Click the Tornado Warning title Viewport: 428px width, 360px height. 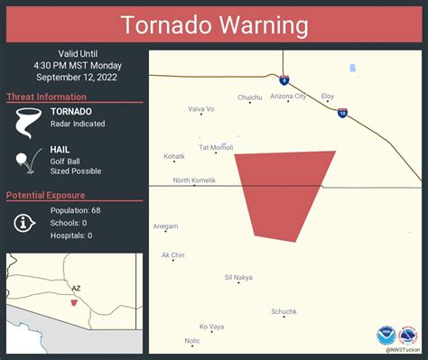tap(214, 25)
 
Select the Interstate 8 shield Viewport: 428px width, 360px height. tap(284, 79)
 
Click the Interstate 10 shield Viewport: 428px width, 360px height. tap(342, 113)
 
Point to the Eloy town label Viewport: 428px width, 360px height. tap(328, 95)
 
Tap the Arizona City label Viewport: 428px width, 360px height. tap(288, 96)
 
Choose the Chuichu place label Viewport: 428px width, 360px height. tap(250, 97)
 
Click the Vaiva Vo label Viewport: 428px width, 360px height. tap(201, 109)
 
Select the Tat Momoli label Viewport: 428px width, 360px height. tap(216, 147)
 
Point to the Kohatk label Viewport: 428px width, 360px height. tap(174, 156)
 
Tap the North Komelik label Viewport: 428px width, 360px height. tap(194, 180)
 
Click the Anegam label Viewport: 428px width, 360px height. tap(165, 226)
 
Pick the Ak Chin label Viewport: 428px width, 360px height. tap(172, 255)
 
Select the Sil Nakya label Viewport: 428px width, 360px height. tap(238, 277)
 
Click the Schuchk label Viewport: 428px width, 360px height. tap(284, 311)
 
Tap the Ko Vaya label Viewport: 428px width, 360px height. tap(211, 326)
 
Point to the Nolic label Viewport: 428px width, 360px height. tap(192, 341)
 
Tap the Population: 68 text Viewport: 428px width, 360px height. tap(77, 210)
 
